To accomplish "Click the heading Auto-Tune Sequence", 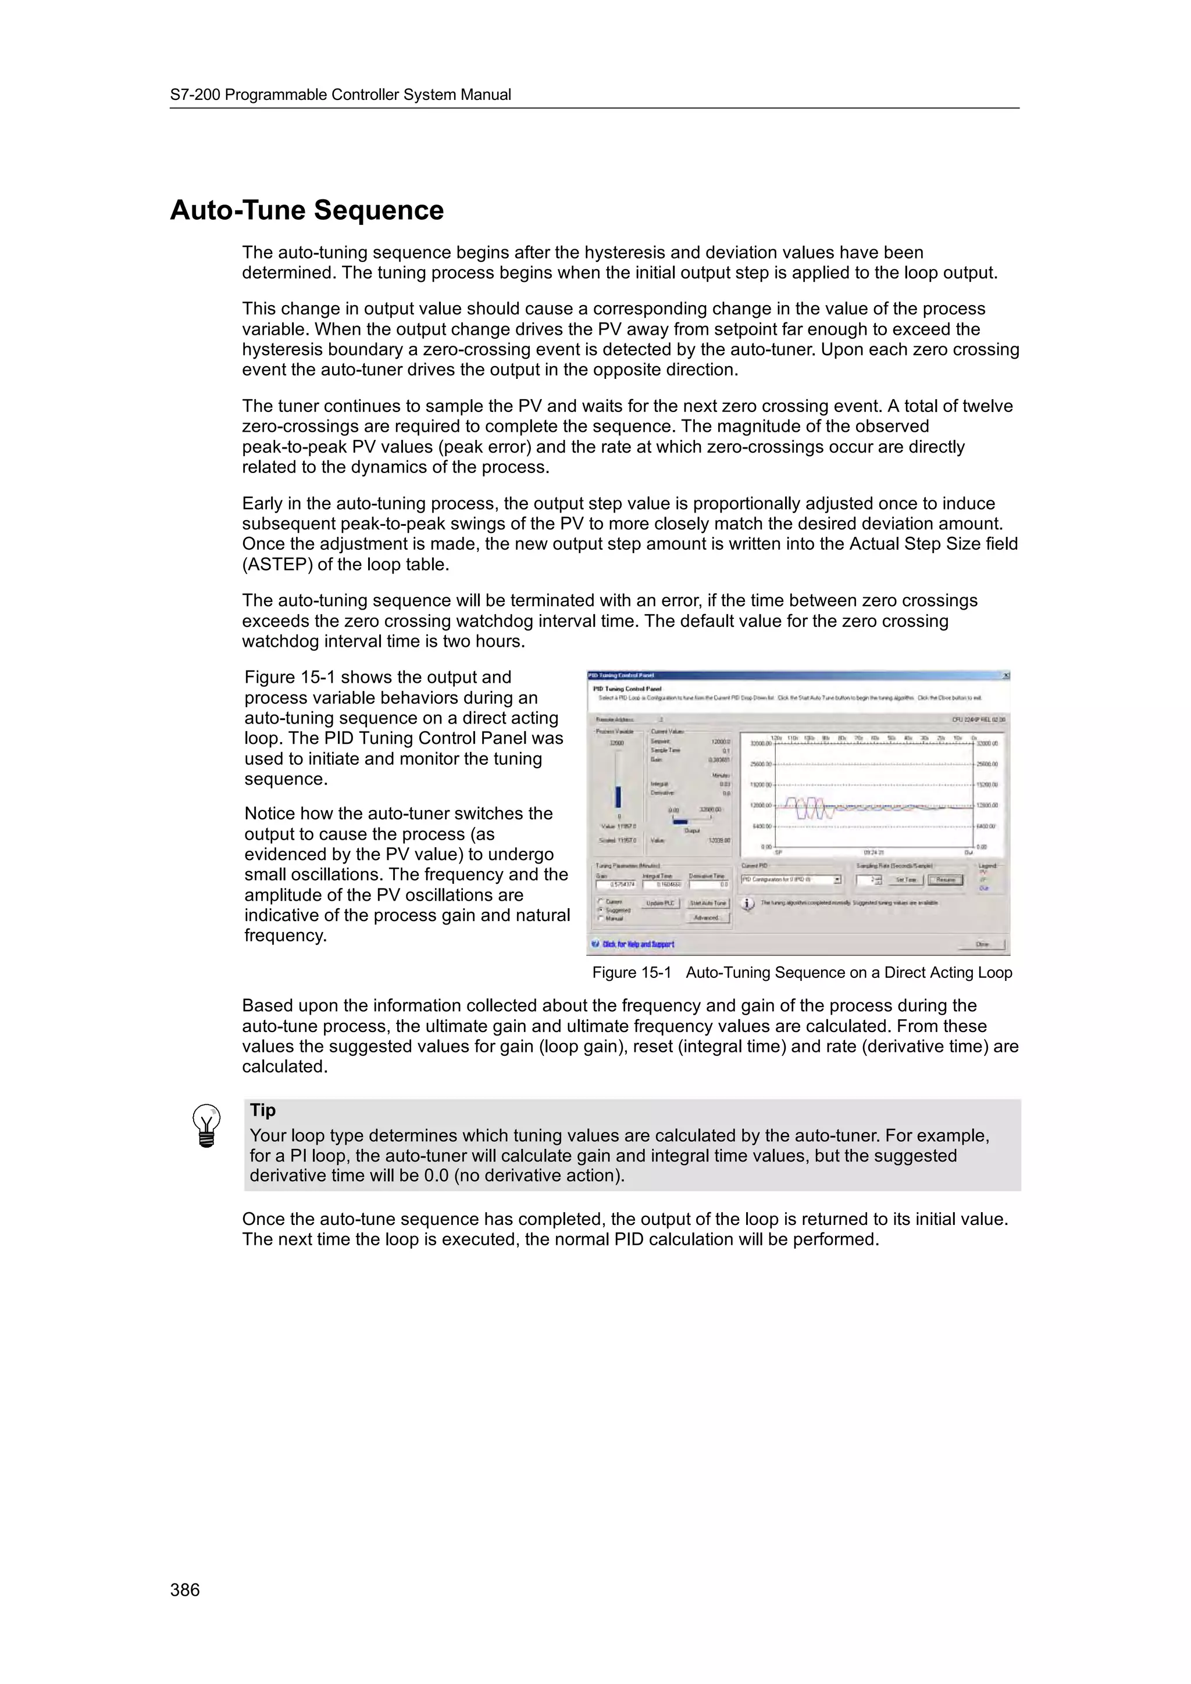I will click(x=306, y=210).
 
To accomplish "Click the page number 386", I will click(x=185, y=1589).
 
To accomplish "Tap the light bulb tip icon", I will click(x=206, y=1125).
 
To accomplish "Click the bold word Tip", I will click(x=263, y=1110).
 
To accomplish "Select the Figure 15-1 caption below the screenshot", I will click(x=801, y=973).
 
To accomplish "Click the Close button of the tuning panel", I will click(x=983, y=945).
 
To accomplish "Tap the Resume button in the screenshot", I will click(x=946, y=879).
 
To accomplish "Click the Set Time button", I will click(x=905, y=879).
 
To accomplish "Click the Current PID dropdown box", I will click(x=790, y=879).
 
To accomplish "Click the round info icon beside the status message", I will click(x=748, y=904).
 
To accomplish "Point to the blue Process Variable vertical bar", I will click(x=619, y=796).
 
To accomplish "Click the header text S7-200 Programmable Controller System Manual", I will click(x=341, y=95).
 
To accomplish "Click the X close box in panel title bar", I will click(x=1005, y=675).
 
